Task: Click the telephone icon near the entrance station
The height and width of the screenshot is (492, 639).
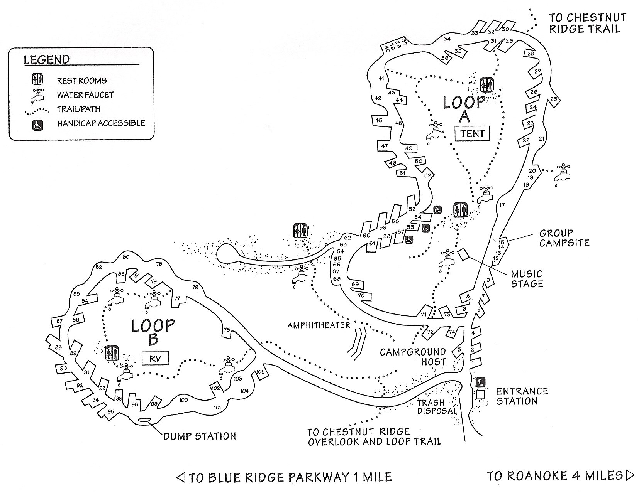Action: [480, 382]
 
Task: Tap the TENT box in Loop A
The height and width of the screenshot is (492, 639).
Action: [472, 133]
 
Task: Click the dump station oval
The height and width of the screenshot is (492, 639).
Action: [144, 420]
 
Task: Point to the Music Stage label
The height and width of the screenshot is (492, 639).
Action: [527, 279]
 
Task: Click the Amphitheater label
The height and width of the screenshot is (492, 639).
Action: [319, 325]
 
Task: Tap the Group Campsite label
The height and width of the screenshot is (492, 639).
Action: [564, 238]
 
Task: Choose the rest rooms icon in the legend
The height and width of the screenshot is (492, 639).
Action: [37, 80]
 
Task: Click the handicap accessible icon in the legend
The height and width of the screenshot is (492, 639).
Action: [37, 125]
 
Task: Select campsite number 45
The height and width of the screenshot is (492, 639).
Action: [378, 120]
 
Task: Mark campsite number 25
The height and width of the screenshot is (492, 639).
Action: [554, 99]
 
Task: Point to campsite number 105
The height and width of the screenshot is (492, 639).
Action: [261, 372]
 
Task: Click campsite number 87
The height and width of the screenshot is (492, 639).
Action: [59, 321]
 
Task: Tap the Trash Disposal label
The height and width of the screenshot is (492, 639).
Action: [437, 406]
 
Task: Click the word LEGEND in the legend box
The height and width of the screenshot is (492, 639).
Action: [47, 60]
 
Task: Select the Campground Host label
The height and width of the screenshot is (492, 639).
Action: [412, 357]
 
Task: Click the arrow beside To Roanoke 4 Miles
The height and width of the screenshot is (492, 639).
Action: [630, 475]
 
